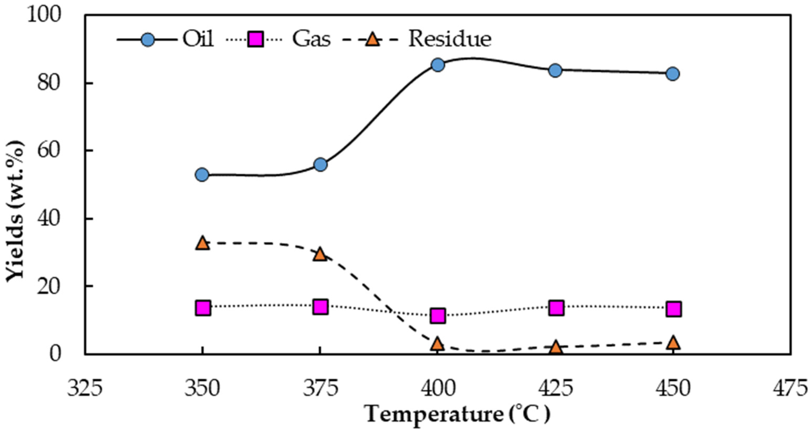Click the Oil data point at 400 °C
pyautogui.click(x=438, y=65)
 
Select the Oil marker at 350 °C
pyautogui.click(x=202, y=175)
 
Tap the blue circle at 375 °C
pyautogui.click(x=320, y=164)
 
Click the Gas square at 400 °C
pyautogui.click(x=438, y=316)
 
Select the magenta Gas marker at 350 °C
pyautogui.click(x=203, y=308)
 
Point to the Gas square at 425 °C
pyautogui.click(x=556, y=308)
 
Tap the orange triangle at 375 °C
pyautogui.click(x=320, y=254)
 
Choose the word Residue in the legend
pyautogui.click(x=450, y=39)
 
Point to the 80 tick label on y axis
pyautogui.click(x=48, y=83)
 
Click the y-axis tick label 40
pyautogui.click(x=48, y=218)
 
